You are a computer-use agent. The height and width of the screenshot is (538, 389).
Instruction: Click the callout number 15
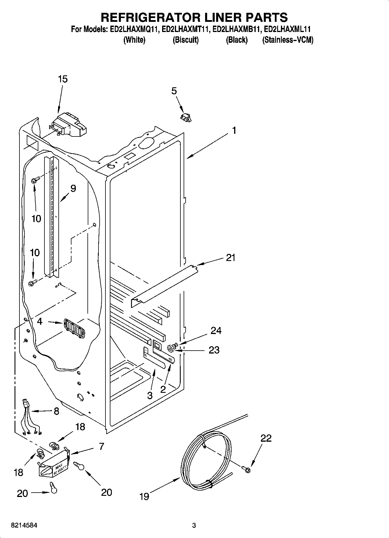63,79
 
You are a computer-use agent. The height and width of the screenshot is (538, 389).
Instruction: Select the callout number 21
231,258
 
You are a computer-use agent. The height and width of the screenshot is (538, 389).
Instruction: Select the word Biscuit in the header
186,40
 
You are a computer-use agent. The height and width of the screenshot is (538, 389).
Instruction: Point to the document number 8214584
24,525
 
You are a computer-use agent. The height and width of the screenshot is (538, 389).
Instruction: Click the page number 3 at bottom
194,525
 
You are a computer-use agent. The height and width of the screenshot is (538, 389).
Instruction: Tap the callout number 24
216,331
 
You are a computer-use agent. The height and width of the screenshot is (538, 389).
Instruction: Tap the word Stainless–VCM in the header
288,40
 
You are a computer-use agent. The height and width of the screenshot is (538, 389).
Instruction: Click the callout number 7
101,446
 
